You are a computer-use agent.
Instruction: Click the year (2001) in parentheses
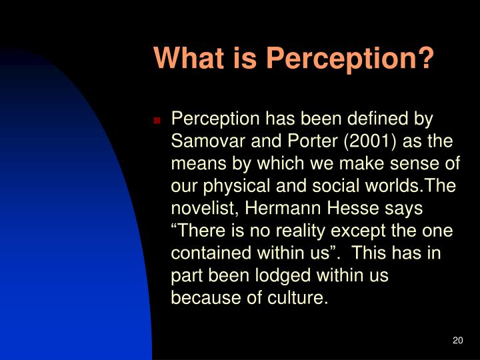click(x=371, y=141)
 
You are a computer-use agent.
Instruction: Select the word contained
click(x=207, y=253)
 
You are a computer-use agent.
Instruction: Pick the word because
click(x=203, y=298)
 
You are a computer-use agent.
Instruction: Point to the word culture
click(x=298, y=298)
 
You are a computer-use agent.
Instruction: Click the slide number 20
click(x=457, y=341)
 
